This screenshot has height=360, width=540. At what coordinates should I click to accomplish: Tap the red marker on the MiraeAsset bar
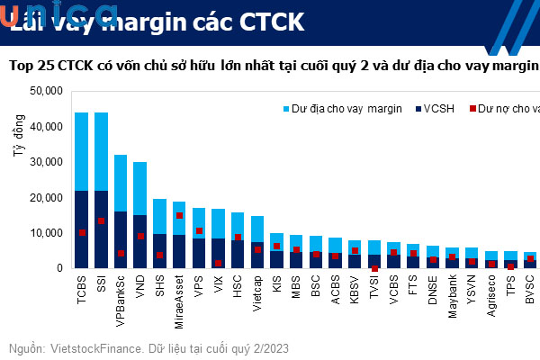pyautogui.click(x=179, y=216)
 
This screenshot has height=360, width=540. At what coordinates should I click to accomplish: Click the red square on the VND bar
pyautogui.click(x=140, y=237)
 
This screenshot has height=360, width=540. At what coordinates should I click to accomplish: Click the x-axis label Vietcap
pyautogui.click(x=257, y=295)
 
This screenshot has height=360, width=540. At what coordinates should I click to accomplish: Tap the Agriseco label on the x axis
pyautogui.click(x=492, y=298)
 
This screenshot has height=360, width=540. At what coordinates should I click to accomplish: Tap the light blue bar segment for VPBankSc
pyautogui.click(x=121, y=183)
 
